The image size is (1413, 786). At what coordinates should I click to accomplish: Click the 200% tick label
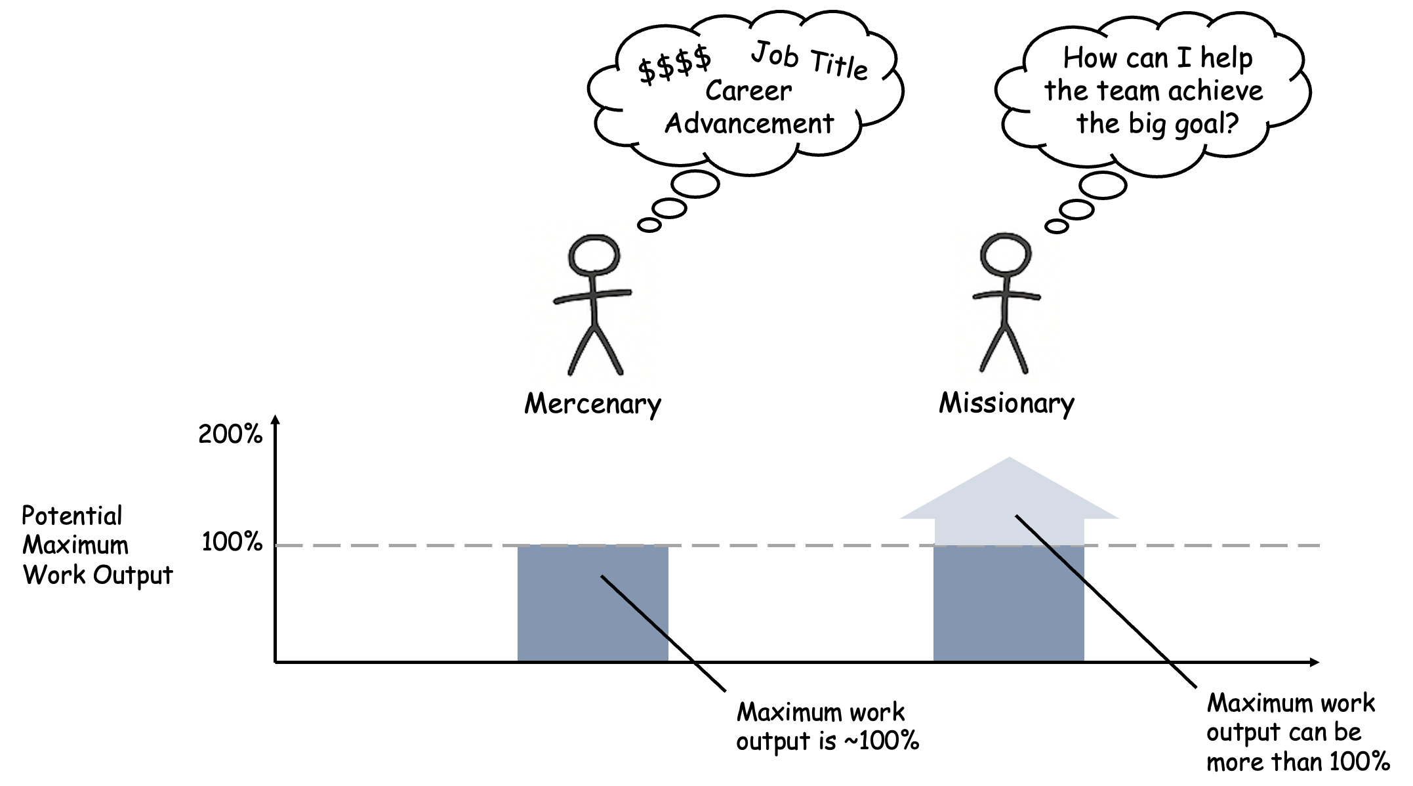coord(230,434)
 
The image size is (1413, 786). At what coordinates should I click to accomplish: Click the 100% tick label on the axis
coord(232,542)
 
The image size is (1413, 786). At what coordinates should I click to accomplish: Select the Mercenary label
coord(592,403)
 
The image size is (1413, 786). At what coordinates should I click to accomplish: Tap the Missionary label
coord(1006,403)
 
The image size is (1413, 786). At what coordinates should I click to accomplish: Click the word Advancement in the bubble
coord(749,123)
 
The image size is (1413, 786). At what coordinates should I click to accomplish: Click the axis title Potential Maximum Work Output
coord(97,545)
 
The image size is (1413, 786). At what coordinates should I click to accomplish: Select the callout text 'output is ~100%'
coord(827,741)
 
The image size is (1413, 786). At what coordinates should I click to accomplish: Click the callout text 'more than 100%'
coord(1298,762)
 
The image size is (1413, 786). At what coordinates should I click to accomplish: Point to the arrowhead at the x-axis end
coord(1313,662)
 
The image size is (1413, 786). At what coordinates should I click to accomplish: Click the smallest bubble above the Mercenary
coord(649,225)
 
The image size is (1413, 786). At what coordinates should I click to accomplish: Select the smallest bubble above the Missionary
coord(1056,226)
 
